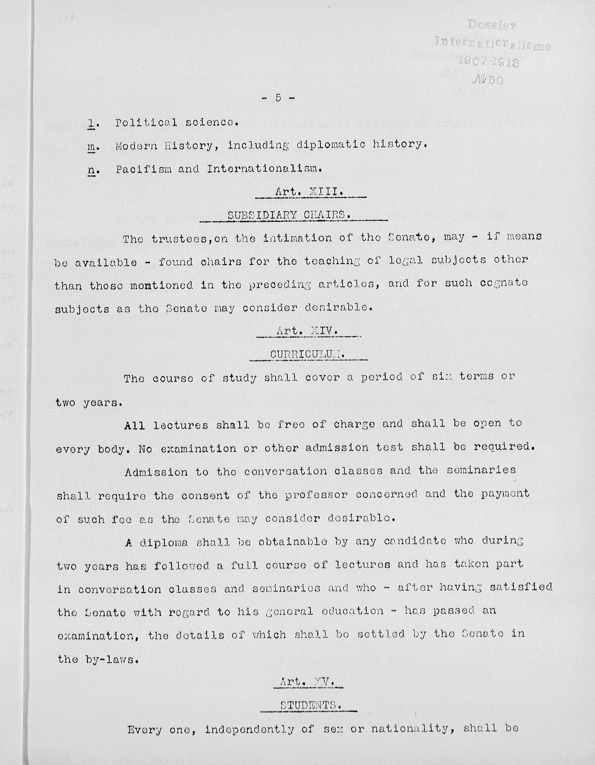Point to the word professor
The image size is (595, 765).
(316, 495)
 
